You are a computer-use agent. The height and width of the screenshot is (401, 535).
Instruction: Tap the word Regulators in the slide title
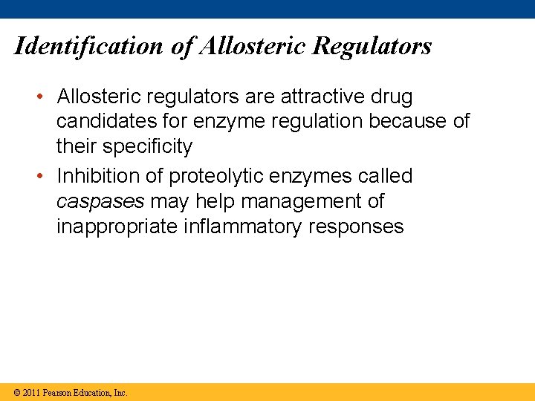point(372,47)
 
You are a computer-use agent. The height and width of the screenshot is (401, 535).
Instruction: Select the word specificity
point(147,146)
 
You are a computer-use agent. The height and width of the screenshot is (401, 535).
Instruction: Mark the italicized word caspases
point(100,201)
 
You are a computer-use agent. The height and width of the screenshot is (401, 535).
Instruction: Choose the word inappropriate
point(117,226)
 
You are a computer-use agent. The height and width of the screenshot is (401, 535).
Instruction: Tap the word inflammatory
point(241,226)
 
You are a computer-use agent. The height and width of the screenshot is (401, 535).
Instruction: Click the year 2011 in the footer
point(30,393)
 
